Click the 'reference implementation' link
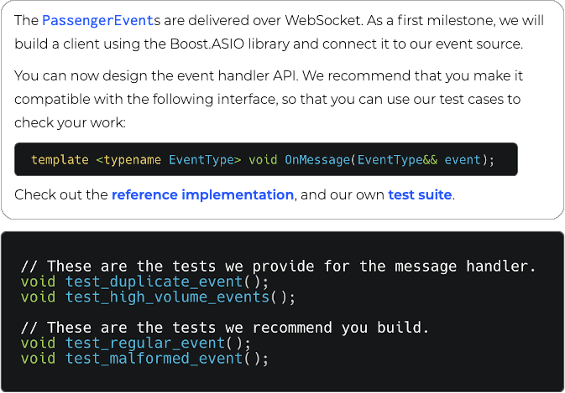coord(202,195)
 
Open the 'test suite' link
coord(420,195)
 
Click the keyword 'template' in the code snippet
coord(59,159)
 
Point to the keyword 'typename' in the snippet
coord(132,159)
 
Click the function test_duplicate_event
coord(154,282)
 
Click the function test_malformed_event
coord(154,358)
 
